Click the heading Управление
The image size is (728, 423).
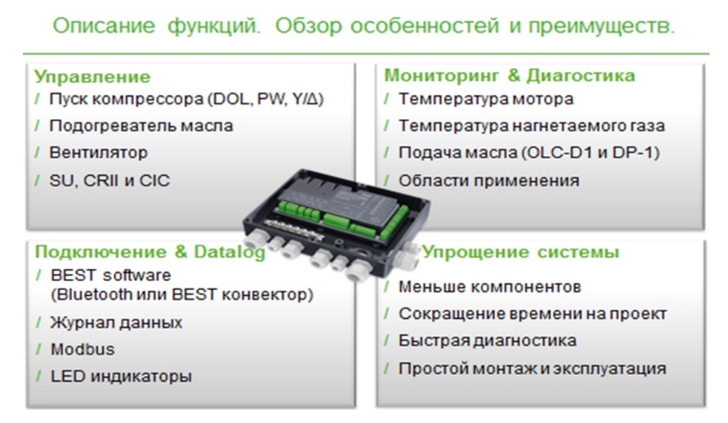pyautogui.click(x=92, y=77)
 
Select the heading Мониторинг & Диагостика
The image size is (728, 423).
pyautogui.click(x=509, y=75)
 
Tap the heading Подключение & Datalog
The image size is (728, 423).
pyautogui.click(x=150, y=251)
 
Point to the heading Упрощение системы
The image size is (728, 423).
pyautogui.click(x=520, y=252)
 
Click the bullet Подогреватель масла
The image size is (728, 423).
pyautogui.click(x=141, y=126)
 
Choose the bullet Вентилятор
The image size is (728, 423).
pyautogui.click(x=98, y=152)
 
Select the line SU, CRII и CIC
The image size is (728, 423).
pyautogui.click(x=109, y=180)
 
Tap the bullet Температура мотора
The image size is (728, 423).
pyautogui.click(x=486, y=99)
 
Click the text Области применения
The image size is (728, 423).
pyautogui.click(x=489, y=180)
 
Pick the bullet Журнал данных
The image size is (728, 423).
pyautogui.click(x=117, y=322)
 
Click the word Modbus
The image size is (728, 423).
pyautogui.click(x=83, y=349)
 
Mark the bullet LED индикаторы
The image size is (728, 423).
pyautogui.click(x=121, y=376)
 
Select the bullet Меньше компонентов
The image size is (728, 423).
pyautogui.click(x=490, y=286)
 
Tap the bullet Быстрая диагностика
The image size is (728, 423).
pyautogui.click(x=488, y=341)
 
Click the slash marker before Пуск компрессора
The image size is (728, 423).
pyautogui.click(x=37, y=99)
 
